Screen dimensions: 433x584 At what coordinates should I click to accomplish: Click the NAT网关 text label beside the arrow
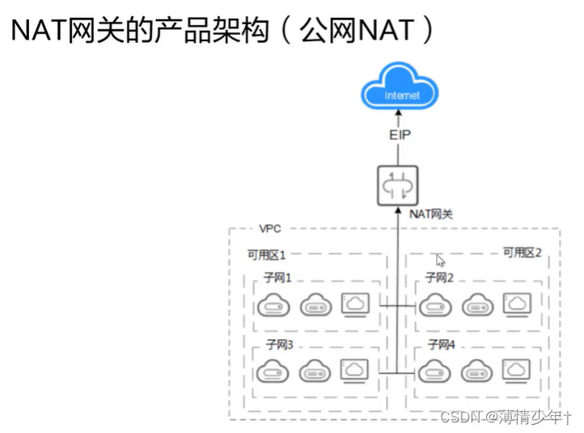click(x=431, y=214)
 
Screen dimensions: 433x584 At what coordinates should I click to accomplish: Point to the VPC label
click(x=270, y=229)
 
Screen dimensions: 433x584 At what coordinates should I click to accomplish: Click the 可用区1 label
click(x=266, y=255)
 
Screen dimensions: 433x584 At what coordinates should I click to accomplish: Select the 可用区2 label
click(x=522, y=253)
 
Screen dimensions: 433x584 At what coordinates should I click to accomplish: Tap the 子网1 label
click(x=277, y=278)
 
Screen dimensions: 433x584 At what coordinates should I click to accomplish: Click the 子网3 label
click(x=277, y=345)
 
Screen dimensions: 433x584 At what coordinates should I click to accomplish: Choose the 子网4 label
click(x=441, y=345)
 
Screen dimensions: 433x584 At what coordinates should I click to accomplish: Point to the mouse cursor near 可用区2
click(x=441, y=261)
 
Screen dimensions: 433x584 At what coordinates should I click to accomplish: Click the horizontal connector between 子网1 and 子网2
click(x=397, y=306)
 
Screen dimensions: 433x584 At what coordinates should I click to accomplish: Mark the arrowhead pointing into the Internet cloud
click(x=397, y=118)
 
